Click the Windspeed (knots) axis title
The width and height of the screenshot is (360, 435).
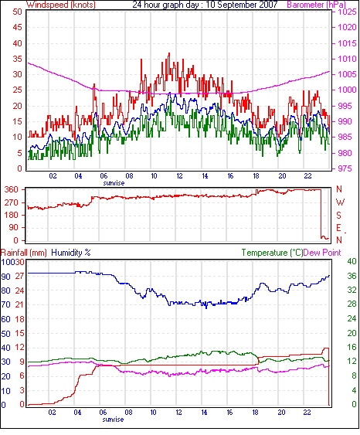61,5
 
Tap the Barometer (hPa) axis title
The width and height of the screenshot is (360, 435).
317,5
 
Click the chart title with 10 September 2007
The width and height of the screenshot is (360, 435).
205,5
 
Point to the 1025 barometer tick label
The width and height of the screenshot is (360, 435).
347,12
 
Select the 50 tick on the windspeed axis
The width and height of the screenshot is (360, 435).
17,12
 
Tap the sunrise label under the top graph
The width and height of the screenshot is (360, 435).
114,183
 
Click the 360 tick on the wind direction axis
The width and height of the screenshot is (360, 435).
12,190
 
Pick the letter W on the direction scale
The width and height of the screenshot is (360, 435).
340,202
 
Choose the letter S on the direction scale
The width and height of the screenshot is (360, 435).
338,216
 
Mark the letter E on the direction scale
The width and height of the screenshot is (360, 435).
338,228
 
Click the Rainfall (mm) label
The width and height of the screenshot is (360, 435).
24,253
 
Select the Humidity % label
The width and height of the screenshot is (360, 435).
71,253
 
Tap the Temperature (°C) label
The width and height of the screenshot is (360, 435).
272,253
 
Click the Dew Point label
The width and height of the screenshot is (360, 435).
322,253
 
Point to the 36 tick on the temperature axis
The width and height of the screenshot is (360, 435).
352,276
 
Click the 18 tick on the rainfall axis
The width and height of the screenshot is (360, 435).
19,319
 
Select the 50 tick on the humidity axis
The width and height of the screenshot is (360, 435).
6,334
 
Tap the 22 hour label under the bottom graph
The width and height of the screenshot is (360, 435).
307,413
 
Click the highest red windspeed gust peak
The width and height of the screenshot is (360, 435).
169,53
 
